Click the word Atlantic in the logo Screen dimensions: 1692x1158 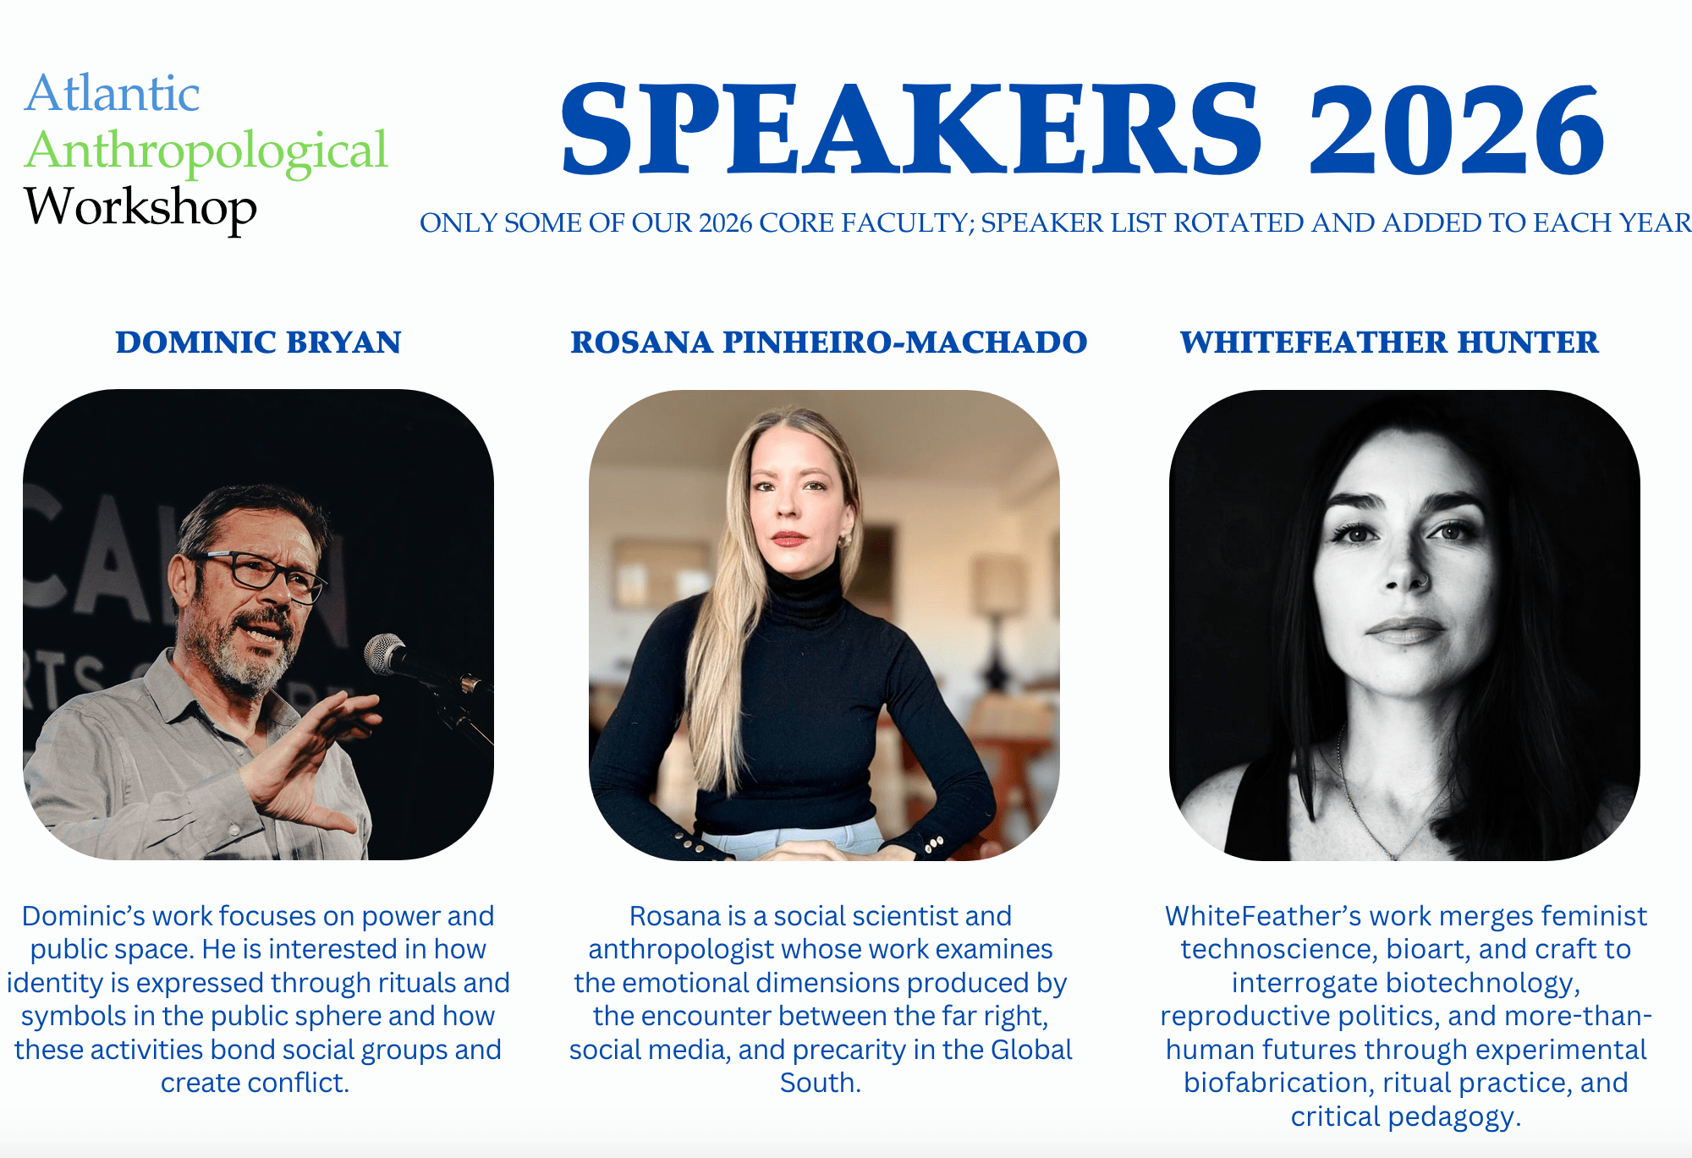pos(112,93)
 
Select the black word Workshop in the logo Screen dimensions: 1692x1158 pos(140,208)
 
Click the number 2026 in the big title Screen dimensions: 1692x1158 pos(1457,129)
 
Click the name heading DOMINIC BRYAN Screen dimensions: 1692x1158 pos(258,343)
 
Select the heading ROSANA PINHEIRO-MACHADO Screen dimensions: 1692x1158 pos(828,343)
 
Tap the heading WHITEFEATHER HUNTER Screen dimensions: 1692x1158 pos(1389,343)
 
